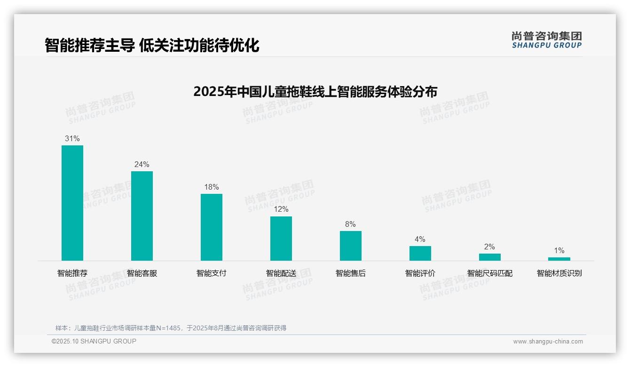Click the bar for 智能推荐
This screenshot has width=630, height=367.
(x=72, y=203)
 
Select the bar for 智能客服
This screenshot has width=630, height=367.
(x=142, y=216)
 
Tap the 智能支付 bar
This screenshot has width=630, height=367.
(x=212, y=227)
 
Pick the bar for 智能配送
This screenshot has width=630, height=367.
(x=281, y=239)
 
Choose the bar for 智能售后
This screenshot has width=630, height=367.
(x=351, y=246)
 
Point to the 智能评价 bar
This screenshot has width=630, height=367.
(x=420, y=253)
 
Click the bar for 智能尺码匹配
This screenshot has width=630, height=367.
(x=490, y=257)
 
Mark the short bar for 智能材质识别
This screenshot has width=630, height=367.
(x=559, y=259)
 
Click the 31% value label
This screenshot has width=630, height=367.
(x=72, y=139)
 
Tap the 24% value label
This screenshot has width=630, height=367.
(x=142, y=165)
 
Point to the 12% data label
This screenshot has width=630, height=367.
(x=281, y=209)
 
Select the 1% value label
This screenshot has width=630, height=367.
(x=559, y=251)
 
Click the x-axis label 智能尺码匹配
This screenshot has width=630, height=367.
(x=490, y=273)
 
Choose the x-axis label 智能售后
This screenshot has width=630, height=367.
(x=351, y=273)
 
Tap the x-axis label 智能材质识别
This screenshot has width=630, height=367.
(x=559, y=273)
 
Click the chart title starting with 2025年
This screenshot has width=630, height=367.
(x=315, y=91)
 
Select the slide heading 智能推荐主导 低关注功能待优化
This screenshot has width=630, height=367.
(x=152, y=45)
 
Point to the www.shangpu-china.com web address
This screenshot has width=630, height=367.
(x=548, y=342)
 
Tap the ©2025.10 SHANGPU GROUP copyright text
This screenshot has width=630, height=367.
(x=94, y=341)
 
